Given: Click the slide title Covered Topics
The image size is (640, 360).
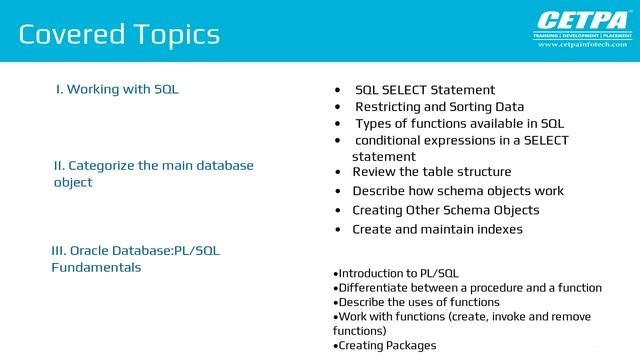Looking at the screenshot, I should coord(119,35).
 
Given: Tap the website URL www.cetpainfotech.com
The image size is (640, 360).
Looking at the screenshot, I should coord(583,45).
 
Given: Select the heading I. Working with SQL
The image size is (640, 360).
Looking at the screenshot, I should coord(117,90).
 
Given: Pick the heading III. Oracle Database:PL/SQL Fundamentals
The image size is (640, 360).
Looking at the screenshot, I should coord(135,259).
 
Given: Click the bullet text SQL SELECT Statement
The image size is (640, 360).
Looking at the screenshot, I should coord(425,90).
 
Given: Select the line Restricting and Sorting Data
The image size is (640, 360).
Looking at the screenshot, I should coord(439,107).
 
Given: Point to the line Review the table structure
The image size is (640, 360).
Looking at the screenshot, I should coord(431,172).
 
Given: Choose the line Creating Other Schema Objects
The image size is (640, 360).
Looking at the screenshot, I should coord(445,210).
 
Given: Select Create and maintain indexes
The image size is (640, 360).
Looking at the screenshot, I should coord(437,229).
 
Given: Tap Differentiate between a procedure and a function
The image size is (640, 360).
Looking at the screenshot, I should coord(469,288).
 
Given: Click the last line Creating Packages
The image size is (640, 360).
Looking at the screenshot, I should coord(385,345).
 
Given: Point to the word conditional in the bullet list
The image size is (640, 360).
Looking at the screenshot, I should coord(387,141).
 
